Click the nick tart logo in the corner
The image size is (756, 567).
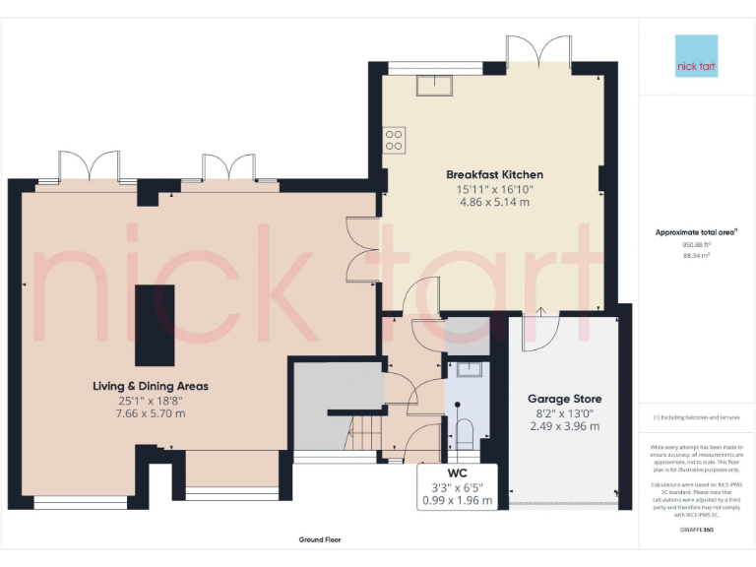tap(697, 56)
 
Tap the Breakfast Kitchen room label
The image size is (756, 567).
tap(494, 174)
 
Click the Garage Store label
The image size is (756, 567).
tap(565, 399)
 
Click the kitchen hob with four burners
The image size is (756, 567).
tap(395, 140)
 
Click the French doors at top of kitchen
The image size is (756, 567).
tap(539, 51)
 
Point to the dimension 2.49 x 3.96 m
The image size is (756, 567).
tap(564, 426)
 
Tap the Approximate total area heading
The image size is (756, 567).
tap(696, 232)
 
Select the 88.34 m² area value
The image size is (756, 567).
tap(696, 255)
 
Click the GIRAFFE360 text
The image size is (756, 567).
tap(696, 530)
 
